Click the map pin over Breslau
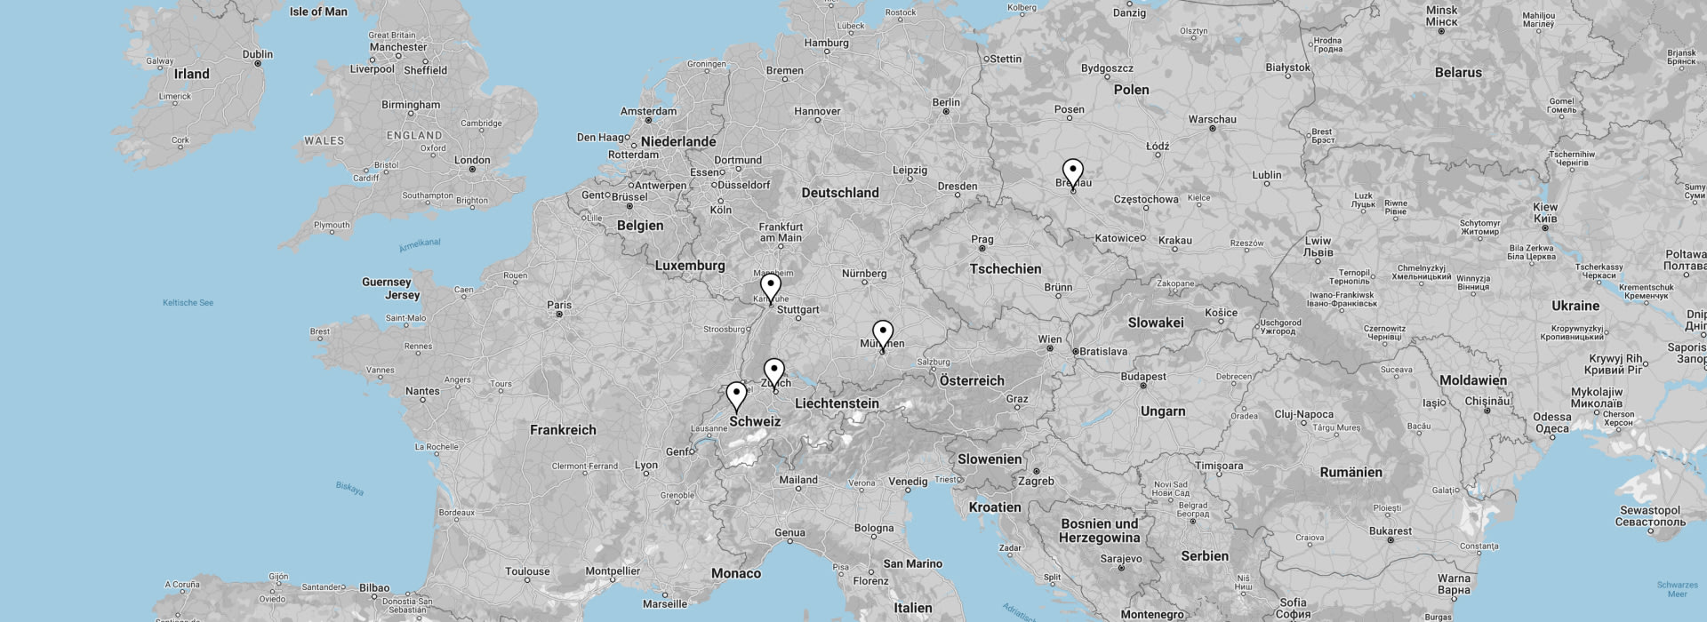click(x=1073, y=171)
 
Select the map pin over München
click(x=882, y=332)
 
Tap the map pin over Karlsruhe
click(x=771, y=286)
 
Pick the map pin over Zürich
click(x=774, y=371)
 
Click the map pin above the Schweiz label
click(x=736, y=394)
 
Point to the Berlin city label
click(x=946, y=102)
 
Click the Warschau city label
click(x=1212, y=119)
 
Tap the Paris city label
click(x=559, y=305)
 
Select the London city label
click(x=472, y=161)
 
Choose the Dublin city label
click(x=258, y=54)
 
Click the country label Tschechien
click(x=1005, y=268)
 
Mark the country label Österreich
click(x=972, y=380)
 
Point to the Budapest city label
click(x=1143, y=377)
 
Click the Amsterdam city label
click(x=648, y=111)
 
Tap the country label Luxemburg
click(x=690, y=266)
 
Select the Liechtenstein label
click(x=837, y=403)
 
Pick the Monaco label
click(x=736, y=573)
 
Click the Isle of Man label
click(x=318, y=12)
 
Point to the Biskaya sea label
click(x=349, y=488)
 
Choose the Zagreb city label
click(x=1036, y=481)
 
